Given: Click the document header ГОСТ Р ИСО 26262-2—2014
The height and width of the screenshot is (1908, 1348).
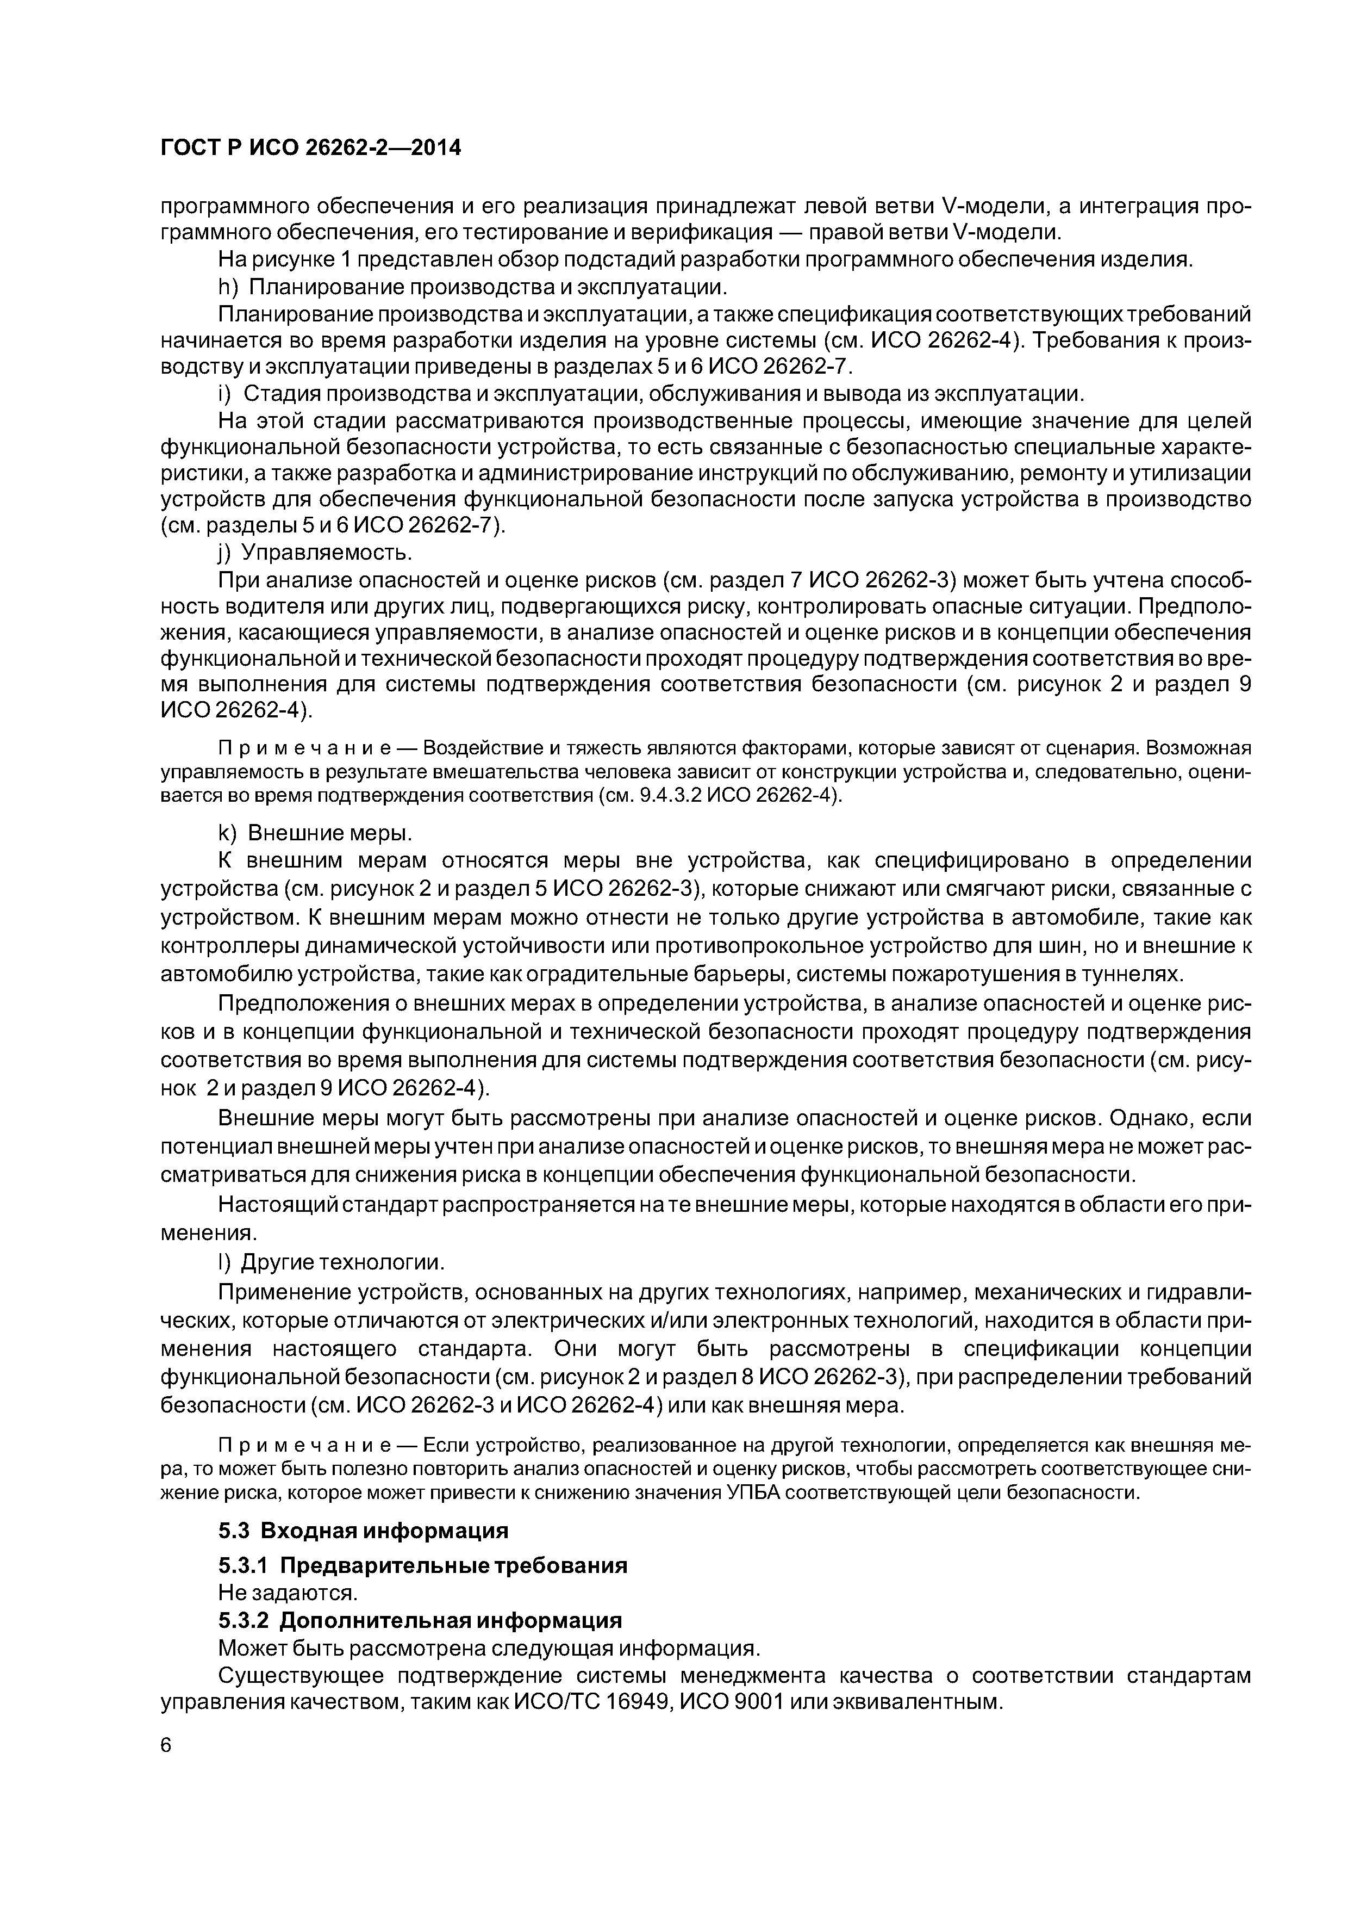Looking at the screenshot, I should click(310, 148).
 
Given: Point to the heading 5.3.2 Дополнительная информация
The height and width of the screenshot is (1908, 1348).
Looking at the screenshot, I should click(420, 1620).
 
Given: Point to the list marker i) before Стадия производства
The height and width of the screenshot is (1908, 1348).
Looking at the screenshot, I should click(224, 394).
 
